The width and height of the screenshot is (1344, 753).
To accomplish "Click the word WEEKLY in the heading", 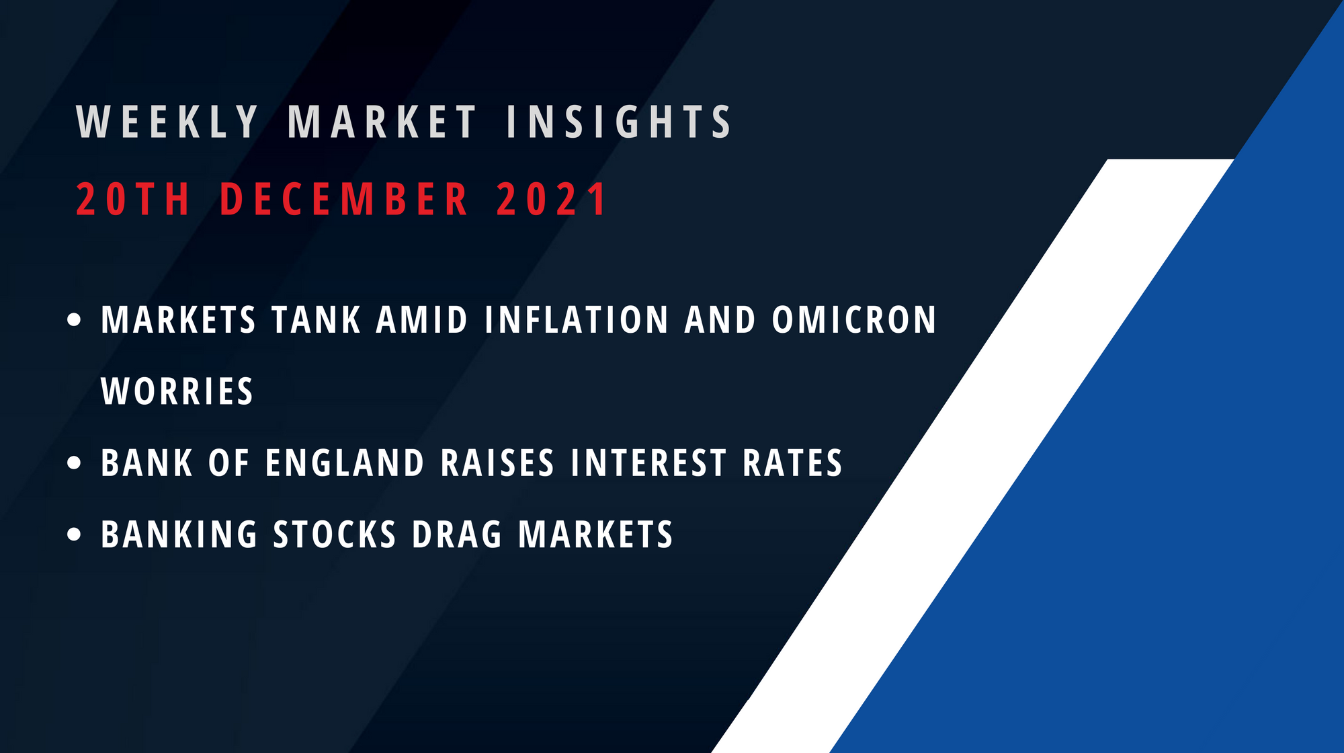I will point(167,122).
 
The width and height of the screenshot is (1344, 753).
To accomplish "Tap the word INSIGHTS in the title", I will point(618,122).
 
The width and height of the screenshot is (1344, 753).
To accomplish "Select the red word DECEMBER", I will point(344,200).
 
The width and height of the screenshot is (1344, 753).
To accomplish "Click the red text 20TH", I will point(133,200).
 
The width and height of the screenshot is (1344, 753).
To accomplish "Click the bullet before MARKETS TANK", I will point(75,320).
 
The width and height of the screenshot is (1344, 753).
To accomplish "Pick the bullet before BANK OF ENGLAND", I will point(75,463).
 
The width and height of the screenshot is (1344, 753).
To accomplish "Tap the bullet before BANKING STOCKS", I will point(75,534).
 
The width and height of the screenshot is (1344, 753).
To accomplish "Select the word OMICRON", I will point(853,320).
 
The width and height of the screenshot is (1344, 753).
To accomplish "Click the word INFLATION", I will point(576,320).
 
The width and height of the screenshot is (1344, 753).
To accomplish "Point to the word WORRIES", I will point(177,391).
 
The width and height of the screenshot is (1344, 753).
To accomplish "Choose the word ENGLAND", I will point(344,463).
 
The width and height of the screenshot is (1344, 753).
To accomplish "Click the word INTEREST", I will point(648,463).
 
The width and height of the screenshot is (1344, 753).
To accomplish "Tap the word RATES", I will point(792,463).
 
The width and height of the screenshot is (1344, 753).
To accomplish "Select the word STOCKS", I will point(335,534).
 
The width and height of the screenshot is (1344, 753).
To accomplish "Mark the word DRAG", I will point(457,534).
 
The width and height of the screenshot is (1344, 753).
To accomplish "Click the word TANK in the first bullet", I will point(317,320).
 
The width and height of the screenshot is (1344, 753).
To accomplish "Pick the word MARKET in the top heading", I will point(382,122).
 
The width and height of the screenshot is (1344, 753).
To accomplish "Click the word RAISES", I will point(497,463).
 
